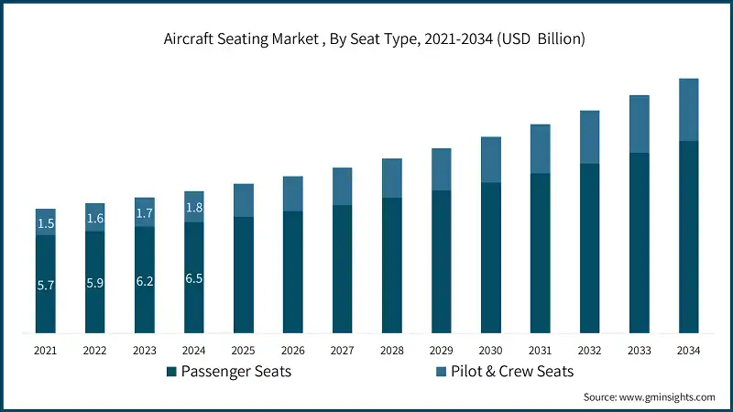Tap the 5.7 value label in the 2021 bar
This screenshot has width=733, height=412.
46,286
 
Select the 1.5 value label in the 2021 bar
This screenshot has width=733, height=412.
46,223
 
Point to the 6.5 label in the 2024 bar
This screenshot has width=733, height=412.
194,278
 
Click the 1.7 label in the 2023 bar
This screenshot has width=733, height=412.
145,213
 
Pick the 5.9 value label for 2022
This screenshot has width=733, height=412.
95,283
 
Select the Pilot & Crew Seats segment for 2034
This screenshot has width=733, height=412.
688,110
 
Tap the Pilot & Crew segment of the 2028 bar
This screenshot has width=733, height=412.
392,178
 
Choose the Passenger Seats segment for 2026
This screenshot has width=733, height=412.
293,272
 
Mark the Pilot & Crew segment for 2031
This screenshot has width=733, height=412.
541,148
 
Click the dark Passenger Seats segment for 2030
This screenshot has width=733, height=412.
491,257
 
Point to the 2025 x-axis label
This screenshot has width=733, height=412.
244,350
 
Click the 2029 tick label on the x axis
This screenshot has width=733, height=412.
442,350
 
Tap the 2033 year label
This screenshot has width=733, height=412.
639,350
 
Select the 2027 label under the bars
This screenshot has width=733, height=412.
343,350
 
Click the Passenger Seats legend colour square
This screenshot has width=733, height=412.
170,372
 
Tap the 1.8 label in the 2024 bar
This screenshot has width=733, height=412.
194,208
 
